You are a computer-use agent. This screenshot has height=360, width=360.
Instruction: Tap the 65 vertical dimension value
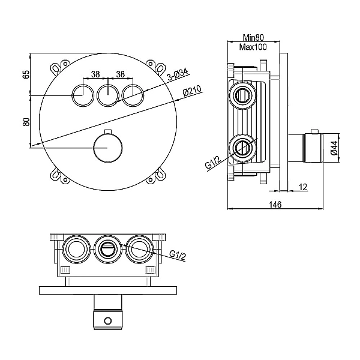26,74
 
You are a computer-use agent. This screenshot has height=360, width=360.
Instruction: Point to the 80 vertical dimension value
26,121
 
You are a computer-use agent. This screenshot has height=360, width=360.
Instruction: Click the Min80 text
253,37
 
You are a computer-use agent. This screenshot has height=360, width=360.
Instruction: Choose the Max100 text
253,47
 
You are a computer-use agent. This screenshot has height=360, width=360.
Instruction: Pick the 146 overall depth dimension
275,204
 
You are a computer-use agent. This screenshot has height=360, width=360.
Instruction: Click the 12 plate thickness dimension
303,187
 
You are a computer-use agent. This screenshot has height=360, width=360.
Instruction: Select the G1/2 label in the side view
212,163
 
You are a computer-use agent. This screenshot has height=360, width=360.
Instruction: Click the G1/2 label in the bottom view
177,255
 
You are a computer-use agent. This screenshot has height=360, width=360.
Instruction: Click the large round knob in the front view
108,148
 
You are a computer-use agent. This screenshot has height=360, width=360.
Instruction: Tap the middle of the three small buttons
108,95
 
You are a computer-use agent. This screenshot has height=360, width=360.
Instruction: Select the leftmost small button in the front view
83,95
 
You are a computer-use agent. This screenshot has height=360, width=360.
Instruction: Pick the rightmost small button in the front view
133,95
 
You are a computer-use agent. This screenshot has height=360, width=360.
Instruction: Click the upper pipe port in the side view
242,95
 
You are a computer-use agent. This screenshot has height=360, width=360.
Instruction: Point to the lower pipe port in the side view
242,148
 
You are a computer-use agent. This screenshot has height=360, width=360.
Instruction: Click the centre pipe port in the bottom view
107,250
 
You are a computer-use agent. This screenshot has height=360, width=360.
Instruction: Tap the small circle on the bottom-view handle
107,321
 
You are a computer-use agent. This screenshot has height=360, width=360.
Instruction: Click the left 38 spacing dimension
95,74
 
